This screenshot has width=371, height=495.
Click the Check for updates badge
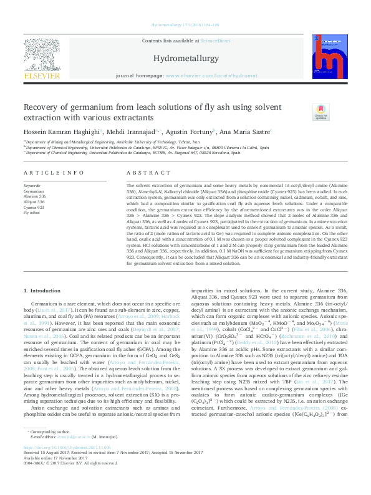[x=320, y=113]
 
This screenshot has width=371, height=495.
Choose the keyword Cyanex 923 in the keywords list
[x=34, y=207]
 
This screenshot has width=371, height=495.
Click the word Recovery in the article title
[x=42, y=107]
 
